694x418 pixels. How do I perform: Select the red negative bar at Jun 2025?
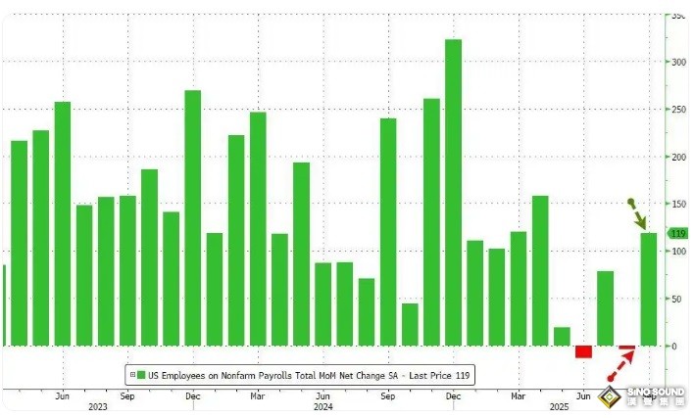[x=583, y=351]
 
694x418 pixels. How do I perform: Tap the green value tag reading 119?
[x=676, y=233]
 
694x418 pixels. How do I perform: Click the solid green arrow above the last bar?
[x=637, y=213]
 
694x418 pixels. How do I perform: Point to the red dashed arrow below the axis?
[x=620, y=366]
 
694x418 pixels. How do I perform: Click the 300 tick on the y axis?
[x=677, y=62]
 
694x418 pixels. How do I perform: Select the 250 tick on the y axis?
[x=677, y=109]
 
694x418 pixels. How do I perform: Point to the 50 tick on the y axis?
[x=675, y=299]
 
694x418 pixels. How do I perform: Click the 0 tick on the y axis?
[x=673, y=346]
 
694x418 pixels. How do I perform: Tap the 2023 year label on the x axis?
[x=97, y=406]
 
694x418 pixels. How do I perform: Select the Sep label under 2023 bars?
[x=127, y=395]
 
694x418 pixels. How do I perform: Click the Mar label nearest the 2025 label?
[x=518, y=395]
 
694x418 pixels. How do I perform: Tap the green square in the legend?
[x=141, y=374]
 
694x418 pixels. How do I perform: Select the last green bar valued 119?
[x=648, y=289]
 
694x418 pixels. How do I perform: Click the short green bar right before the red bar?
[x=562, y=336]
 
